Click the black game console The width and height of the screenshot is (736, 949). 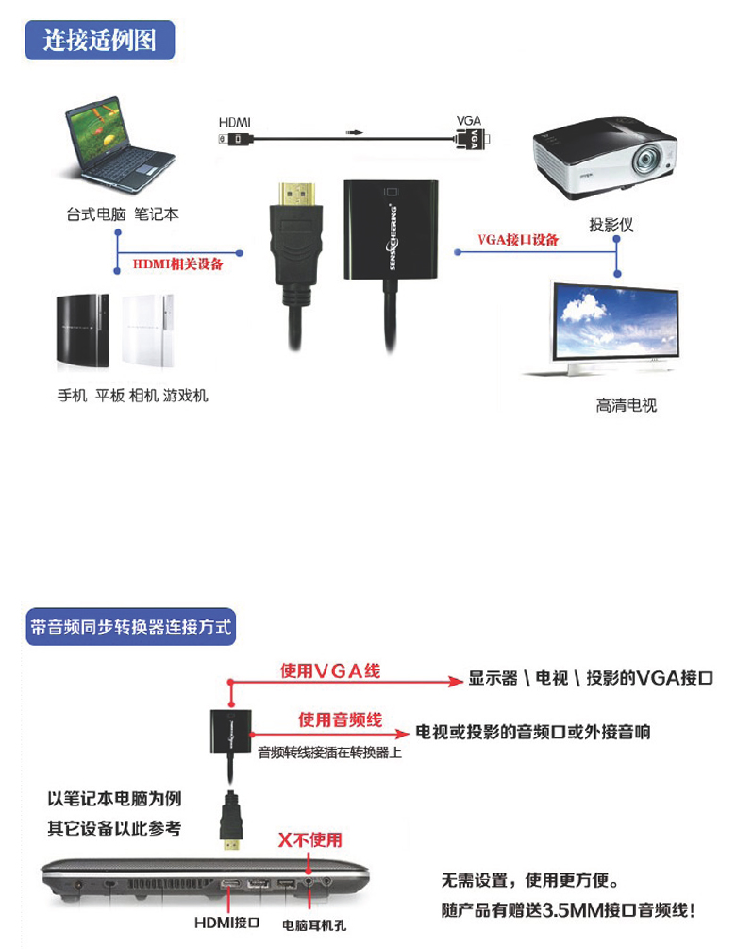tap(81, 330)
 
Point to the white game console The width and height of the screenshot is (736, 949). tap(147, 330)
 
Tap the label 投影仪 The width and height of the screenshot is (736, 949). tap(611, 225)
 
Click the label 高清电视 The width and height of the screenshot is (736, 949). tap(626, 406)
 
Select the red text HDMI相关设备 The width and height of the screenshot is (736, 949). tap(178, 263)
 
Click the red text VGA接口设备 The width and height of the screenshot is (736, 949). tap(518, 240)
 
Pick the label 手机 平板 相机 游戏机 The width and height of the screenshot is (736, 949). tap(132, 396)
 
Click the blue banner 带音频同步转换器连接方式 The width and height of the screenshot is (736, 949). tap(131, 626)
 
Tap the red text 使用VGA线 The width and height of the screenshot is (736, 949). tap(331, 671)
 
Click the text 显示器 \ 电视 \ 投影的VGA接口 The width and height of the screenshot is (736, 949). tap(591, 678)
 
